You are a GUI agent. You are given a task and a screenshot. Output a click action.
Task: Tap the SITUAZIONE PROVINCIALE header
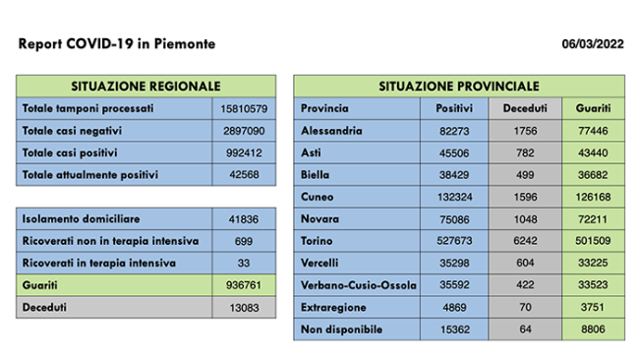(459, 87)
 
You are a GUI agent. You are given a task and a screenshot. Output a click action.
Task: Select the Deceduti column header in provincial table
(525, 107)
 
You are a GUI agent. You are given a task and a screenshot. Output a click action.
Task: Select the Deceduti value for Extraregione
(525, 308)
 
